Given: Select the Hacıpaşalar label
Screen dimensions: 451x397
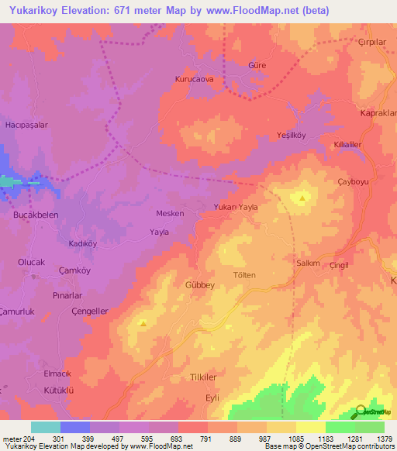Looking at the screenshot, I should (28, 124).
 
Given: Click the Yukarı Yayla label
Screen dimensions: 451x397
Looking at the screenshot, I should (235, 207).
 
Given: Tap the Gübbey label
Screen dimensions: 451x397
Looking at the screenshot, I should (199, 285).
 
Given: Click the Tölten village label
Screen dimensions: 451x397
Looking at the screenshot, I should (243, 275).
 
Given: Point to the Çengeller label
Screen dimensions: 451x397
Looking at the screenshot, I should (89, 311).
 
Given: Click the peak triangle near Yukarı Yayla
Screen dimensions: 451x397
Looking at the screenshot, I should (302, 198).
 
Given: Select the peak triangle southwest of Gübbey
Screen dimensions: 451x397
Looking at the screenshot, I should (143, 322).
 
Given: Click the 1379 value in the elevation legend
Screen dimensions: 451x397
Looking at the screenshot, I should (384, 439).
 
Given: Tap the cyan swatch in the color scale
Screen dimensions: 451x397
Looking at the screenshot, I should (46, 427).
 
